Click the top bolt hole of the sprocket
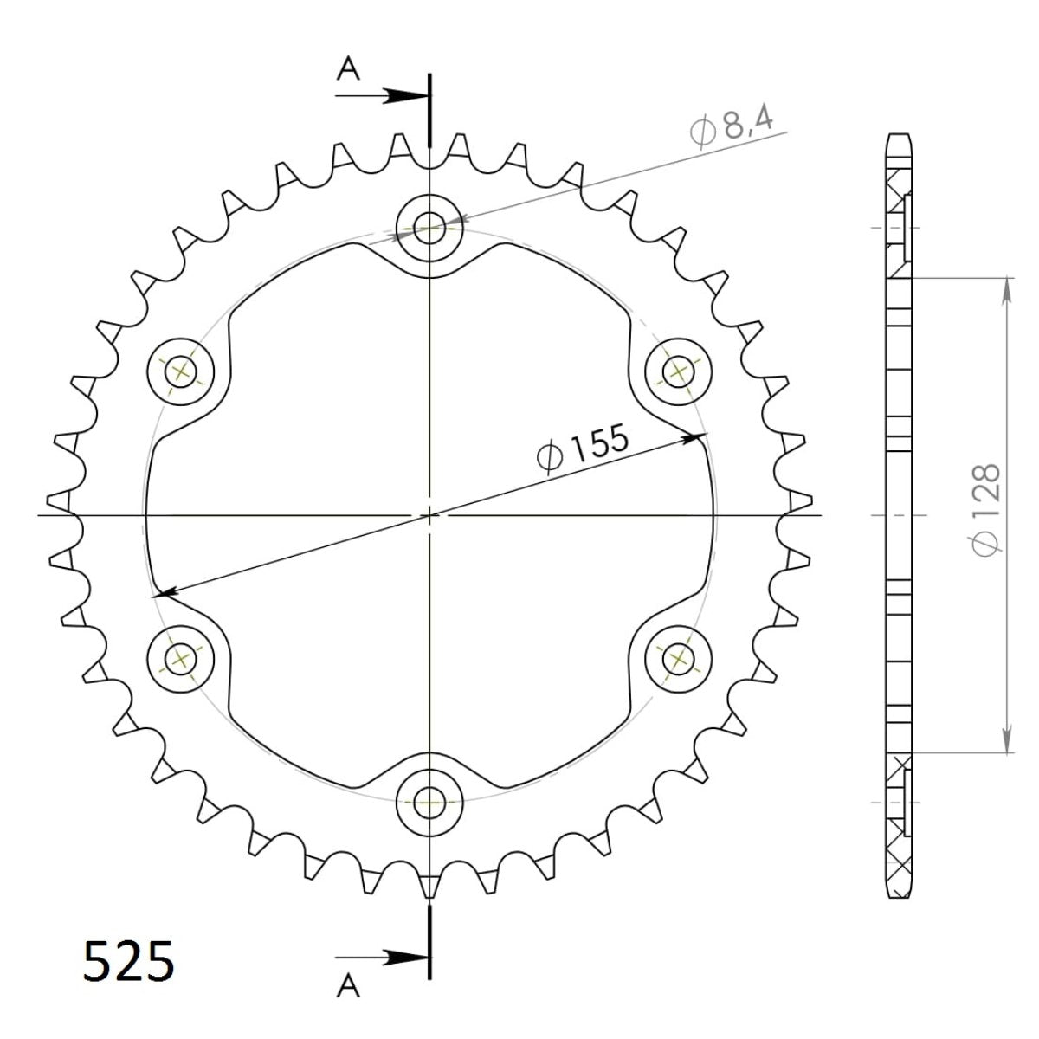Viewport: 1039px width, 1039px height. tap(429, 229)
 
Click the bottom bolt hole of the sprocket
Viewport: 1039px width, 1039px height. tap(429, 801)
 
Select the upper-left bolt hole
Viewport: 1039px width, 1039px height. tap(181, 372)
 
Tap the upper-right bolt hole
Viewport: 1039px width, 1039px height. tap(677, 372)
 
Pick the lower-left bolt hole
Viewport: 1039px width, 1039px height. tap(181, 659)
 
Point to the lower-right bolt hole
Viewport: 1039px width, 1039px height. tap(677, 659)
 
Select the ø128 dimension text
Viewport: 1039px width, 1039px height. tap(986, 511)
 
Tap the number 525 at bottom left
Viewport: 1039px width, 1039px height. tap(129, 962)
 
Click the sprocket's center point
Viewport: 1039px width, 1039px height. tap(429, 515)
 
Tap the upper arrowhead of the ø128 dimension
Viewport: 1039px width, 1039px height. tap(1007, 291)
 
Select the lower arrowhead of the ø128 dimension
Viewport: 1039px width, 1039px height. tap(1007, 741)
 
